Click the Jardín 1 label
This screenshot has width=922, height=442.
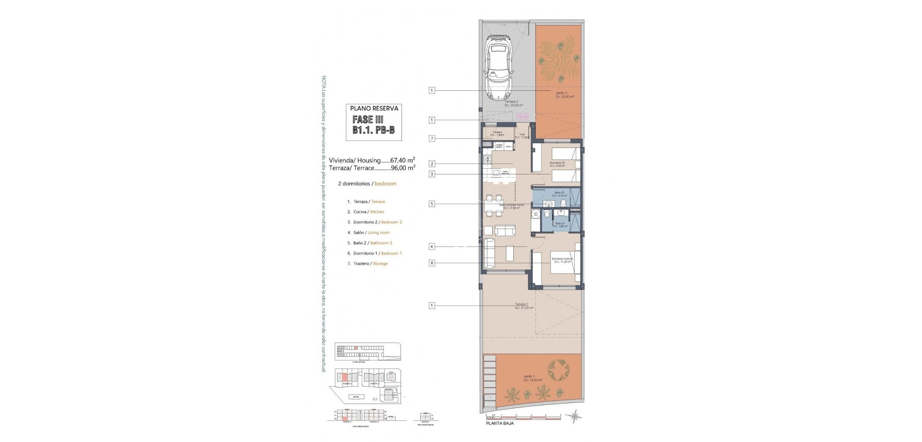pos(533,378)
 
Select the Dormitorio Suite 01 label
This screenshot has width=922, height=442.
pos(562,260)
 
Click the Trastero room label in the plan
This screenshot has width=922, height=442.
pos(497,133)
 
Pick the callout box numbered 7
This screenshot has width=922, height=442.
pos(432,138)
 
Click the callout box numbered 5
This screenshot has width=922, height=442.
pos(432,204)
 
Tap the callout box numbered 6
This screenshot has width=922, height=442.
pos(432,263)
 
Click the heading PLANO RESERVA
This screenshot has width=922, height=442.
pos(374,109)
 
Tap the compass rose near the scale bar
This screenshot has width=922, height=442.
pos(575,419)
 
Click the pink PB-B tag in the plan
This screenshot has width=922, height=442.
pos(522,117)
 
